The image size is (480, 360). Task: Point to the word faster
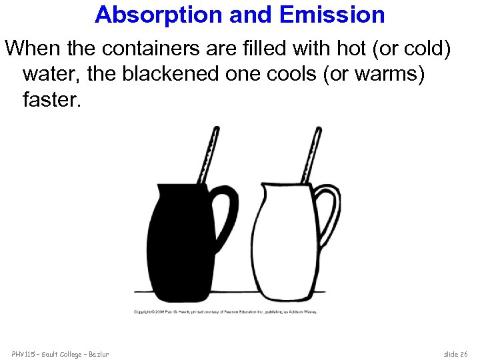point(50,100)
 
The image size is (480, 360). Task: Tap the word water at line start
point(48,74)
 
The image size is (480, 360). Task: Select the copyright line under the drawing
point(226,311)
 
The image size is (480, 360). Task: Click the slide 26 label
point(455,353)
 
